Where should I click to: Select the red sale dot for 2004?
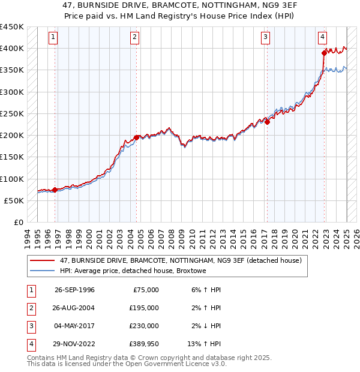click(x=136, y=137)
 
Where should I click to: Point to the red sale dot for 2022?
click(x=324, y=53)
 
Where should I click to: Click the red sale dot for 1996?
click(x=55, y=190)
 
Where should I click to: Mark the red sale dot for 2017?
click(x=268, y=122)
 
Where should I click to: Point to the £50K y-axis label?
click(x=13, y=200)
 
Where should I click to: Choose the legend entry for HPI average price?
click(x=133, y=271)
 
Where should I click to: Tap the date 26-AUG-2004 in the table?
click(x=74, y=308)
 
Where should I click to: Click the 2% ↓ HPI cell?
click(x=206, y=326)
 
